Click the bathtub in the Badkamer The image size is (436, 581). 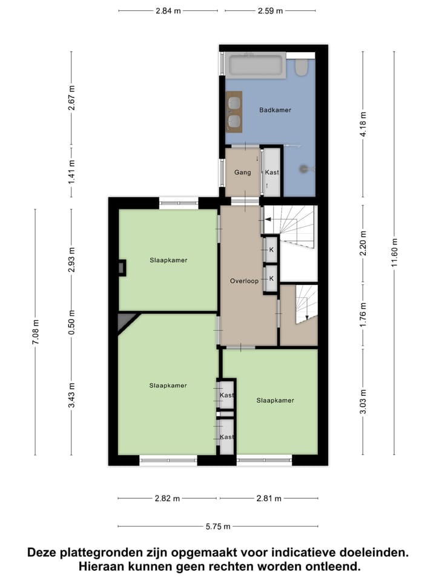pyautogui.click(x=256, y=66)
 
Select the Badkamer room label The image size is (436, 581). pyautogui.click(x=275, y=110)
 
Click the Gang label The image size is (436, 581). pyautogui.click(x=242, y=172)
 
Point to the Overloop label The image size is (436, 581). pyautogui.click(x=244, y=281)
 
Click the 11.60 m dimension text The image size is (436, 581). pyautogui.click(x=394, y=253)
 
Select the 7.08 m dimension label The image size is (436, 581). pyautogui.click(x=35, y=332)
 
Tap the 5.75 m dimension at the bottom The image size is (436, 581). pyautogui.click(x=218, y=527)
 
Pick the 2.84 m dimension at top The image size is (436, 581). pyautogui.click(x=168, y=10)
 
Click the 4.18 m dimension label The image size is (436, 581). pyautogui.click(x=363, y=123)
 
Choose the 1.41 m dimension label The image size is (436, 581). pyautogui.click(x=71, y=172)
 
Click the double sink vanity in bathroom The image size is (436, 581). pyautogui.click(x=234, y=111)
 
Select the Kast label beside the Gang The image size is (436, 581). pyautogui.click(x=272, y=172)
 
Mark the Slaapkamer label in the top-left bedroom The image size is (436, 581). pyautogui.click(x=168, y=260)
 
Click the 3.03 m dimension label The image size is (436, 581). pyautogui.click(x=363, y=401)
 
